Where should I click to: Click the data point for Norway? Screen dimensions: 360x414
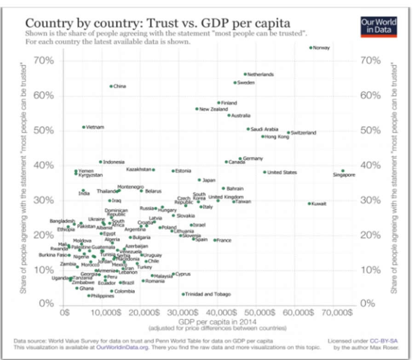311,47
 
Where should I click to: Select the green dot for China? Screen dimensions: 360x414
111,86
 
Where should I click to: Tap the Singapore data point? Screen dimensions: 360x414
343,171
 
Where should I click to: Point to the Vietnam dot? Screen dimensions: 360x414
83,127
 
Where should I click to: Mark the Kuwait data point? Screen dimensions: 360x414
309,203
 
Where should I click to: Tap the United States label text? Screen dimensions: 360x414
282,172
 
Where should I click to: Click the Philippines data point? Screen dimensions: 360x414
89,296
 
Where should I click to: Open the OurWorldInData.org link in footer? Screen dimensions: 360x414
122,347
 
